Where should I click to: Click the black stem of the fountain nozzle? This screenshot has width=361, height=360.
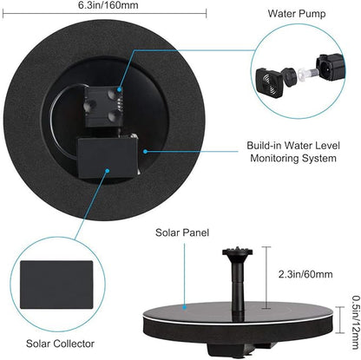(235, 282)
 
